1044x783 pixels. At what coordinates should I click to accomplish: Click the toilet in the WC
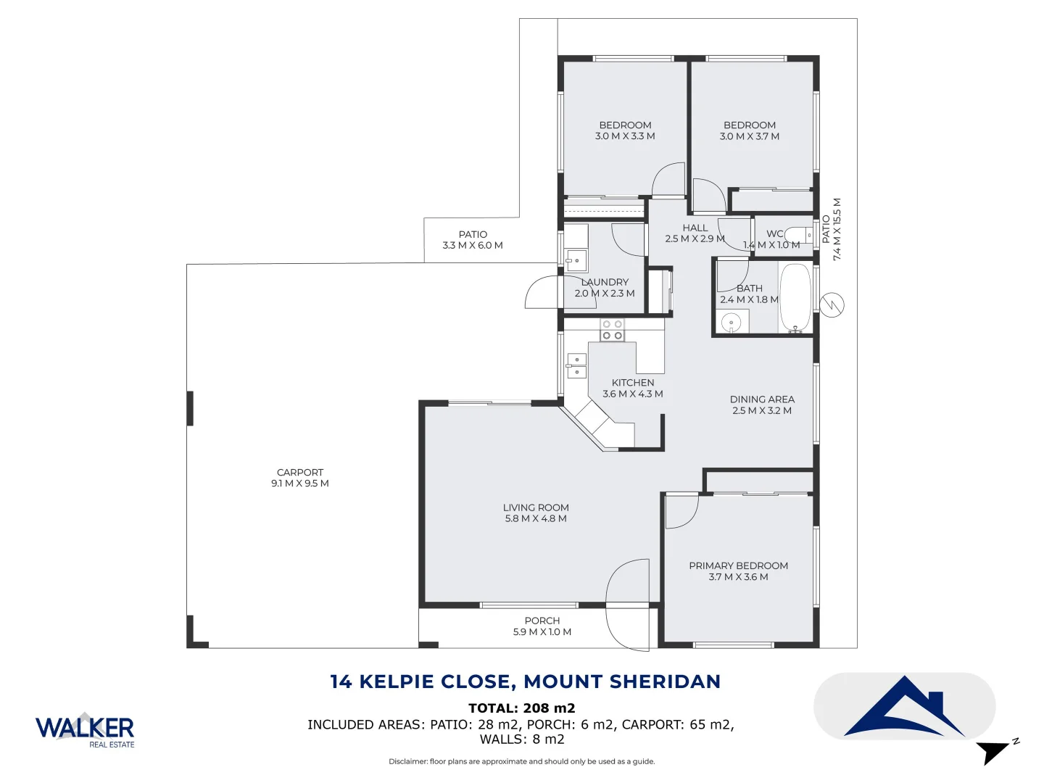pyautogui.click(x=800, y=235)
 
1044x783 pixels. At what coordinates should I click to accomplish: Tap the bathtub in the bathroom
pyautogui.click(x=795, y=298)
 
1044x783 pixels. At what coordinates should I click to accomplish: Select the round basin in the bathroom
pyautogui.click(x=731, y=322)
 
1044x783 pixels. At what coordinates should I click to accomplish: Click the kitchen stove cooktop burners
pyautogui.click(x=613, y=330)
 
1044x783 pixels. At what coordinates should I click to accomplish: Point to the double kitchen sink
pyautogui.click(x=576, y=365)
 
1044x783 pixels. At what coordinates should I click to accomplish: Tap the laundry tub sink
pyautogui.click(x=576, y=260)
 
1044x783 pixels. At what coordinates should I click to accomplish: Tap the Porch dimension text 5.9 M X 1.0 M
pyautogui.click(x=542, y=632)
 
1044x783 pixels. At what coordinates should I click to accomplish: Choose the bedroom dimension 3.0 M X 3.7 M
pyautogui.click(x=750, y=136)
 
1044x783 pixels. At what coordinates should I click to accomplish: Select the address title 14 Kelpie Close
pyautogui.click(x=525, y=681)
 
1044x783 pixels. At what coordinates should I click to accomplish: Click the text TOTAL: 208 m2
pyautogui.click(x=521, y=708)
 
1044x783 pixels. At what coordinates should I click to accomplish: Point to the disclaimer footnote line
pyautogui.click(x=521, y=761)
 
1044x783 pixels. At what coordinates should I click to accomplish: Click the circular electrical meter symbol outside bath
pyautogui.click(x=832, y=304)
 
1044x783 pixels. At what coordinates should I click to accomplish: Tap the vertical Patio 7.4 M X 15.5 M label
pyautogui.click(x=831, y=229)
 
